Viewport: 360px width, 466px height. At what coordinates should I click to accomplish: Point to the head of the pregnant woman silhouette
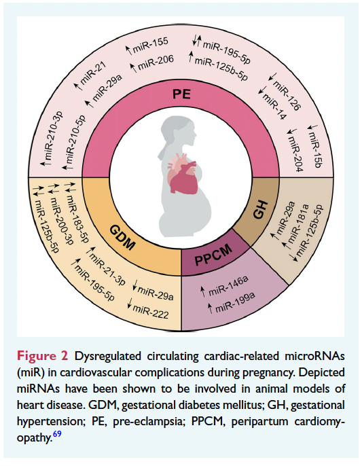tap(171, 128)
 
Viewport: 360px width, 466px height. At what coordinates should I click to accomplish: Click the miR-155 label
tap(148, 46)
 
